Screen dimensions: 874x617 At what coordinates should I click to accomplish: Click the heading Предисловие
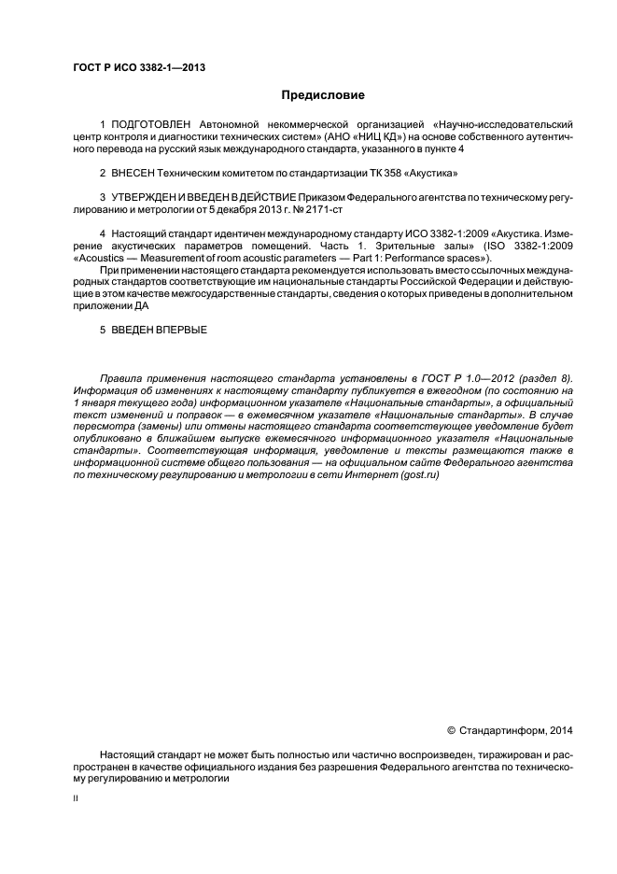pyautogui.click(x=323, y=95)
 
